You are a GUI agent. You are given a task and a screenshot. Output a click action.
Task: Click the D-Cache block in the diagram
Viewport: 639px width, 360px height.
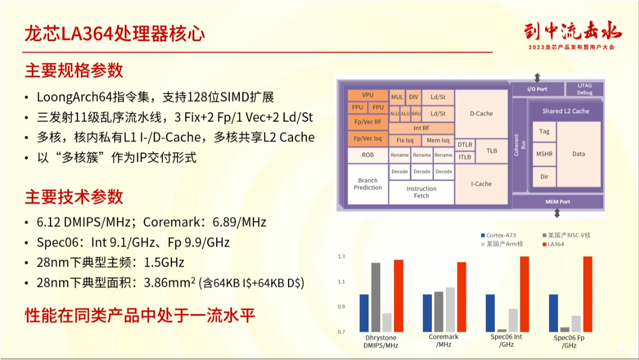(481, 114)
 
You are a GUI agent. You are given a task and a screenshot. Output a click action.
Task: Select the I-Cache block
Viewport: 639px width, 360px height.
(481, 184)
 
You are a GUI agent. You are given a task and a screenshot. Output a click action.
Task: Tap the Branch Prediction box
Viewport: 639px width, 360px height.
(368, 184)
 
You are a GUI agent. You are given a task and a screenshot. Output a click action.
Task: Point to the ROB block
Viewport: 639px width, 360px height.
(368, 155)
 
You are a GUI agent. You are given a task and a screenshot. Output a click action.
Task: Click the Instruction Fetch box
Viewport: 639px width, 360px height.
(421, 192)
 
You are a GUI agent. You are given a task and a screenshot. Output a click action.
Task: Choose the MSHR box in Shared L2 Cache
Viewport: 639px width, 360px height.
(544, 154)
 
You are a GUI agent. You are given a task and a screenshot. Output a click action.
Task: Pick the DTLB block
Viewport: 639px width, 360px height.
(464, 145)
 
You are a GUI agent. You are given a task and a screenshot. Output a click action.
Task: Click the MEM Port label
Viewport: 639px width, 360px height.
(558, 202)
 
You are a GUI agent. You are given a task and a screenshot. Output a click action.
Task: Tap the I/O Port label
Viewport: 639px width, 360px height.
(537, 89)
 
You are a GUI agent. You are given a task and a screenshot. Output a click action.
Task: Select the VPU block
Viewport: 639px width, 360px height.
(368, 95)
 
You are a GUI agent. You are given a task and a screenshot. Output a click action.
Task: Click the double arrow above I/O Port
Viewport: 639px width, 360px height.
(537, 78)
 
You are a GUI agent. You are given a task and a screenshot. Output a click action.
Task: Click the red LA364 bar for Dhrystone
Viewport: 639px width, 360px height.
(399, 295)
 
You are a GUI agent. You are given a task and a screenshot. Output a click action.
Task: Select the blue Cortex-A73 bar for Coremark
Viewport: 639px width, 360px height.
(427, 313)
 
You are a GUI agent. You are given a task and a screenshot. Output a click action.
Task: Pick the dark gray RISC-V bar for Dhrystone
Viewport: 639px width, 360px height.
(376, 297)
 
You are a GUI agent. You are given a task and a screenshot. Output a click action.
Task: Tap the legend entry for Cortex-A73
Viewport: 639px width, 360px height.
(499, 235)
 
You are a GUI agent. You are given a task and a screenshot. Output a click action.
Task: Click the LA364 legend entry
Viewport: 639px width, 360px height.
(553, 244)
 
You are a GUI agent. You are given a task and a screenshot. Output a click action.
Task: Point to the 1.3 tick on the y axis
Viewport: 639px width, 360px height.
(341, 257)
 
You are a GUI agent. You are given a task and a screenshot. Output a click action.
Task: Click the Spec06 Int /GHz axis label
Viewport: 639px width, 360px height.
(506, 340)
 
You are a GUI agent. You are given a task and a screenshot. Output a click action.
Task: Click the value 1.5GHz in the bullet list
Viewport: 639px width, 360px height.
(164, 262)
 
